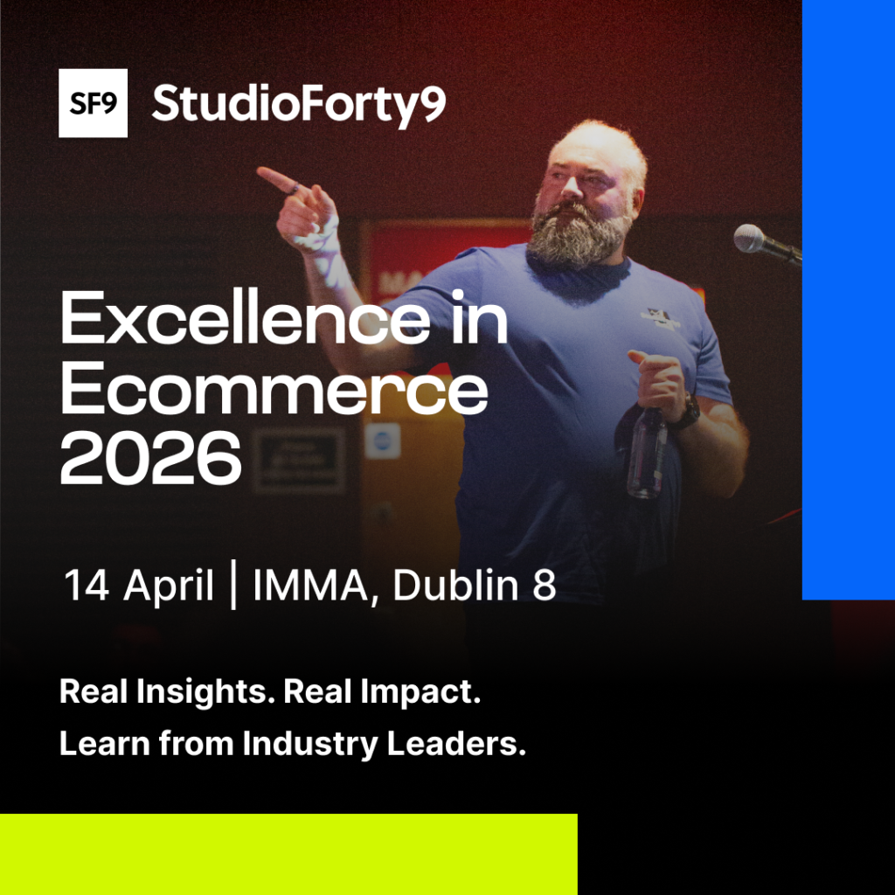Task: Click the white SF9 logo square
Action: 93,103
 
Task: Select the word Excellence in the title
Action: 245,317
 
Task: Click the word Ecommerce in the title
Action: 274,388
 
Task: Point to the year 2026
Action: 150,458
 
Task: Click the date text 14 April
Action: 139,585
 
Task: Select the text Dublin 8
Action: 475,585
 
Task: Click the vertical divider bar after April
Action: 232,585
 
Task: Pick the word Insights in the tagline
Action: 202,692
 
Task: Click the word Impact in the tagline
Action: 420,692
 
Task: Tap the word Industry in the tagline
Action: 310,745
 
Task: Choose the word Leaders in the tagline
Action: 456,744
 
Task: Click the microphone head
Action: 749,238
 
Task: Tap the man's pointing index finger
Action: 278,180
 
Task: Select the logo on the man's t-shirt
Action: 661,319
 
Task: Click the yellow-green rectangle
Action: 288,855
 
